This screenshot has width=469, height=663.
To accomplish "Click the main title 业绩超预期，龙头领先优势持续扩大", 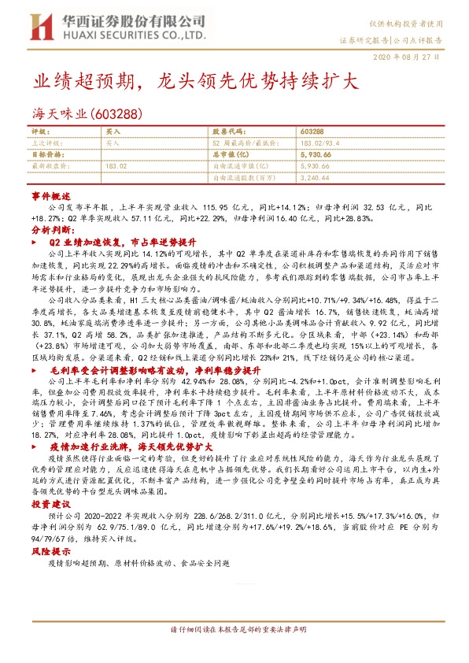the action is pos(195,82).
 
